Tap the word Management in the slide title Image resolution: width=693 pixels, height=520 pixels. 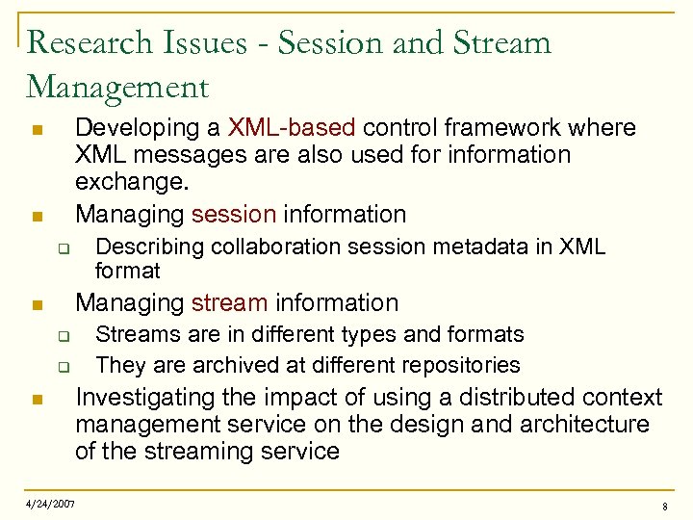click(117, 88)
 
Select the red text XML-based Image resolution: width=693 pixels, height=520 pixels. click(292, 128)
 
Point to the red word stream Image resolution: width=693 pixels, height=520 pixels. click(229, 302)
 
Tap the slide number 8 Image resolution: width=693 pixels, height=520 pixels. click(664, 507)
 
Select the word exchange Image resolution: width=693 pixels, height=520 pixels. click(130, 183)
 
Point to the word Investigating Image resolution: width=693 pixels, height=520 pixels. click(146, 398)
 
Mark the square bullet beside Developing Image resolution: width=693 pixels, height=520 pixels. click(35, 129)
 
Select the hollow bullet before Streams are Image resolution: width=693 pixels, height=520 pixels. click(60, 336)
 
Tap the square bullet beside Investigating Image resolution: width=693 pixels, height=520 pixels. click(35, 400)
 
